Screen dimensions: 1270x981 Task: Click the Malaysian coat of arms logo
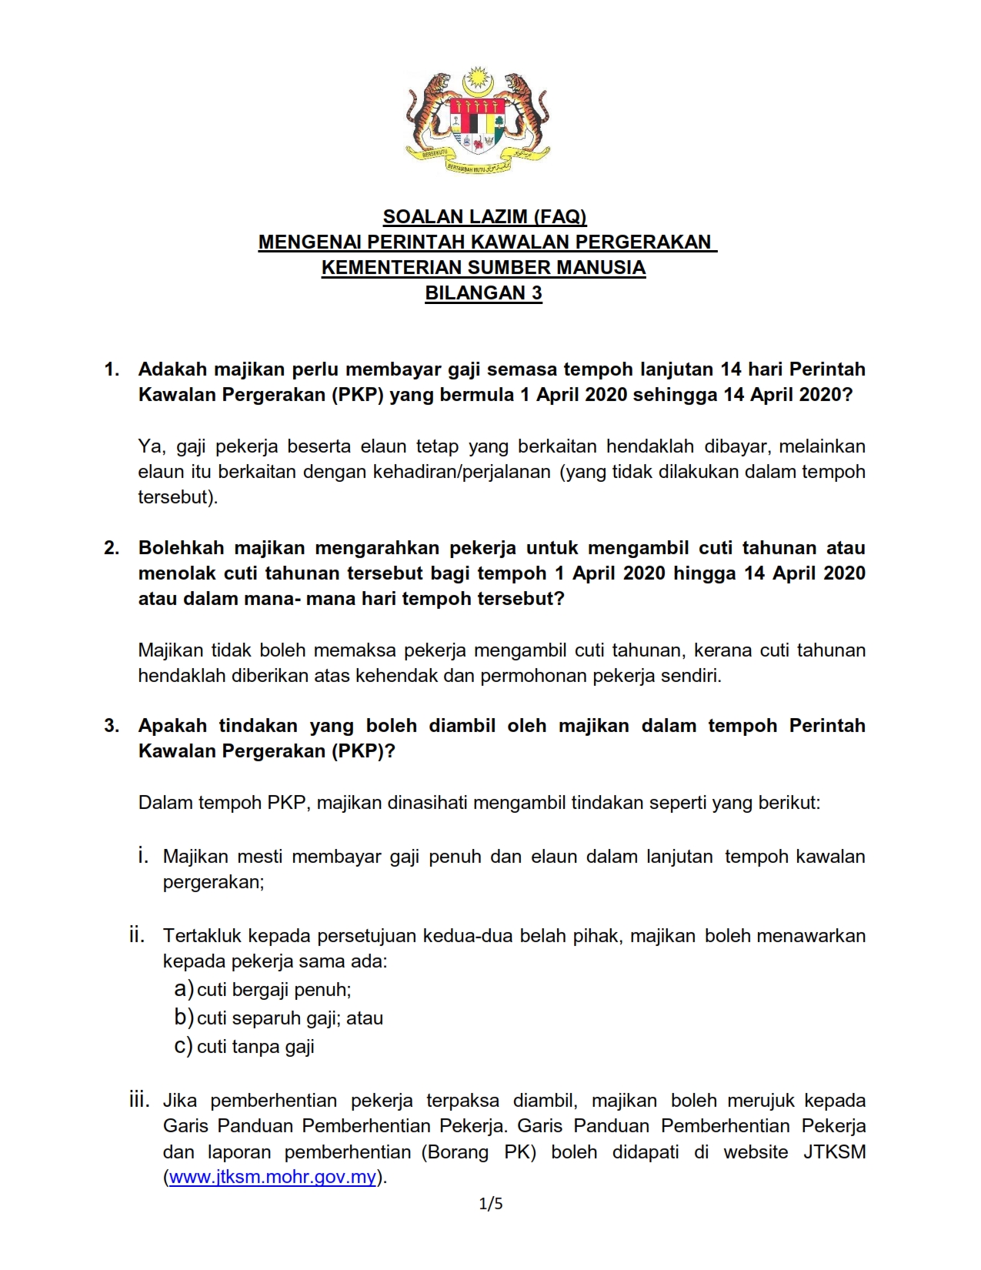(477, 121)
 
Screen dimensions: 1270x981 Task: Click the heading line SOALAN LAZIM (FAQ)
(485, 217)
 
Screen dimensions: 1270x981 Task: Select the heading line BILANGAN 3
(483, 293)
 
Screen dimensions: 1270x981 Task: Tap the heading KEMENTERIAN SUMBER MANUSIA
(483, 268)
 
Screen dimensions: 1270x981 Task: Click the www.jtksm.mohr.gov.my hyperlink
(272, 1177)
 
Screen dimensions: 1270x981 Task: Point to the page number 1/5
(491, 1204)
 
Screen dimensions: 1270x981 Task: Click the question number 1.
(112, 369)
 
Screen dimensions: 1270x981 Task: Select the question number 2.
(112, 548)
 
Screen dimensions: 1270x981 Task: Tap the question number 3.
(112, 726)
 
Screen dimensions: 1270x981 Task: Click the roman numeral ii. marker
(137, 935)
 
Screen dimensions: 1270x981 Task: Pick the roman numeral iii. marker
(139, 1100)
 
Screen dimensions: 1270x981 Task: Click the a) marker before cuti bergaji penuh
(183, 988)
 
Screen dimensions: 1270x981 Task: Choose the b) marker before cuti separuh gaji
(183, 1017)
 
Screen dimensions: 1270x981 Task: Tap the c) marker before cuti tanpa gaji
(183, 1045)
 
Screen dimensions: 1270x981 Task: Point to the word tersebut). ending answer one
(178, 497)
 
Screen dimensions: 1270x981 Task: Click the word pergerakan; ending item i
(213, 882)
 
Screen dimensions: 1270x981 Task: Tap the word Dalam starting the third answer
(165, 803)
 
